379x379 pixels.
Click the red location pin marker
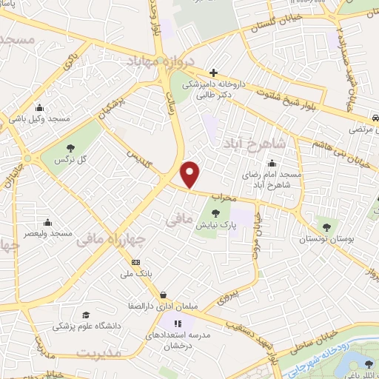point(191,175)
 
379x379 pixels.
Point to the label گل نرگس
point(73,160)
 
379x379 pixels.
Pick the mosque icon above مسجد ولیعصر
point(48,221)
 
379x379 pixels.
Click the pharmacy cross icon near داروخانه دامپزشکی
point(213,73)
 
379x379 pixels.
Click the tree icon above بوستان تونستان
point(325,226)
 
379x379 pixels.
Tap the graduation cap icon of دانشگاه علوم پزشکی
point(86,315)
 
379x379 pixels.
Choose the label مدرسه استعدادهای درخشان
point(182,340)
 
